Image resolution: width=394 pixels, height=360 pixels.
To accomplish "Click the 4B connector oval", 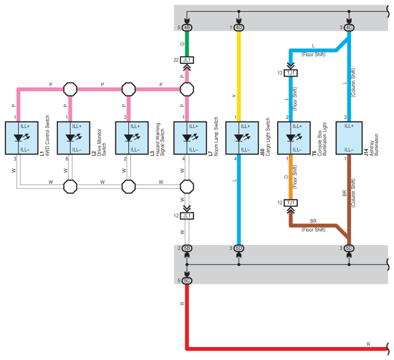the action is click(x=187, y=27).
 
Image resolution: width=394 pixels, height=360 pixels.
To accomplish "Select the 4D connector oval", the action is click(x=239, y=27).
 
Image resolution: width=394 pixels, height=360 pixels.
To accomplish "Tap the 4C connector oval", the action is click(x=349, y=27).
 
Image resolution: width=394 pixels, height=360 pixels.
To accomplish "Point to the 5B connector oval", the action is click(x=187, y=248).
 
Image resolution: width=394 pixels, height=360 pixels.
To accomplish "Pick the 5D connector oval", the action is click(x=239, y=248).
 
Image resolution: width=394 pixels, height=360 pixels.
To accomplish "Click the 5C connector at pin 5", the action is click(x=187, y=280).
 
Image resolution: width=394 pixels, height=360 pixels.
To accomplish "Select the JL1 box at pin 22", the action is click(x=187, y=60).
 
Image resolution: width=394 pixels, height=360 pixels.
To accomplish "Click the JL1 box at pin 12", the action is click(x=187, y=216).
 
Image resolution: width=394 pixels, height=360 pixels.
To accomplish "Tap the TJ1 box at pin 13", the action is click(x=291, y=73).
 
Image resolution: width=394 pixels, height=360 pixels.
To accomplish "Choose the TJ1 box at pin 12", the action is click(x=291, y=203).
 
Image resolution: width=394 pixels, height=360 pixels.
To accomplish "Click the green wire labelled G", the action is click(x=187, y=44).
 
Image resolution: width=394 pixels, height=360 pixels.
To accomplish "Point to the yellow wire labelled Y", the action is click(x=239, y=76).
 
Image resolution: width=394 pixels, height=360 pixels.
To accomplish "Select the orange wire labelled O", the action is click(x=291, y=177).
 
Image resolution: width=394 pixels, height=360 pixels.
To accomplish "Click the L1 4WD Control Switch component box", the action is click(x=21, y=138).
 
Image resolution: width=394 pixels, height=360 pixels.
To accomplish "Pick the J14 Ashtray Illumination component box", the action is click(x=349, y=138).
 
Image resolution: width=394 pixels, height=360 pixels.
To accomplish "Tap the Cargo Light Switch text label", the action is click(x=268, y=137).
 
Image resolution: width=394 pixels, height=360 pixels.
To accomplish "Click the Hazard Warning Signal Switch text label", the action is click(x=160, y=139).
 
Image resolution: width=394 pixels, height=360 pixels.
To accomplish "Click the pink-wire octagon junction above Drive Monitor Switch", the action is click(x=70, y=89).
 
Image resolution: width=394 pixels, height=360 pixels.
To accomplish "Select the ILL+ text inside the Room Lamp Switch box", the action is click(x=193, y=126).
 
